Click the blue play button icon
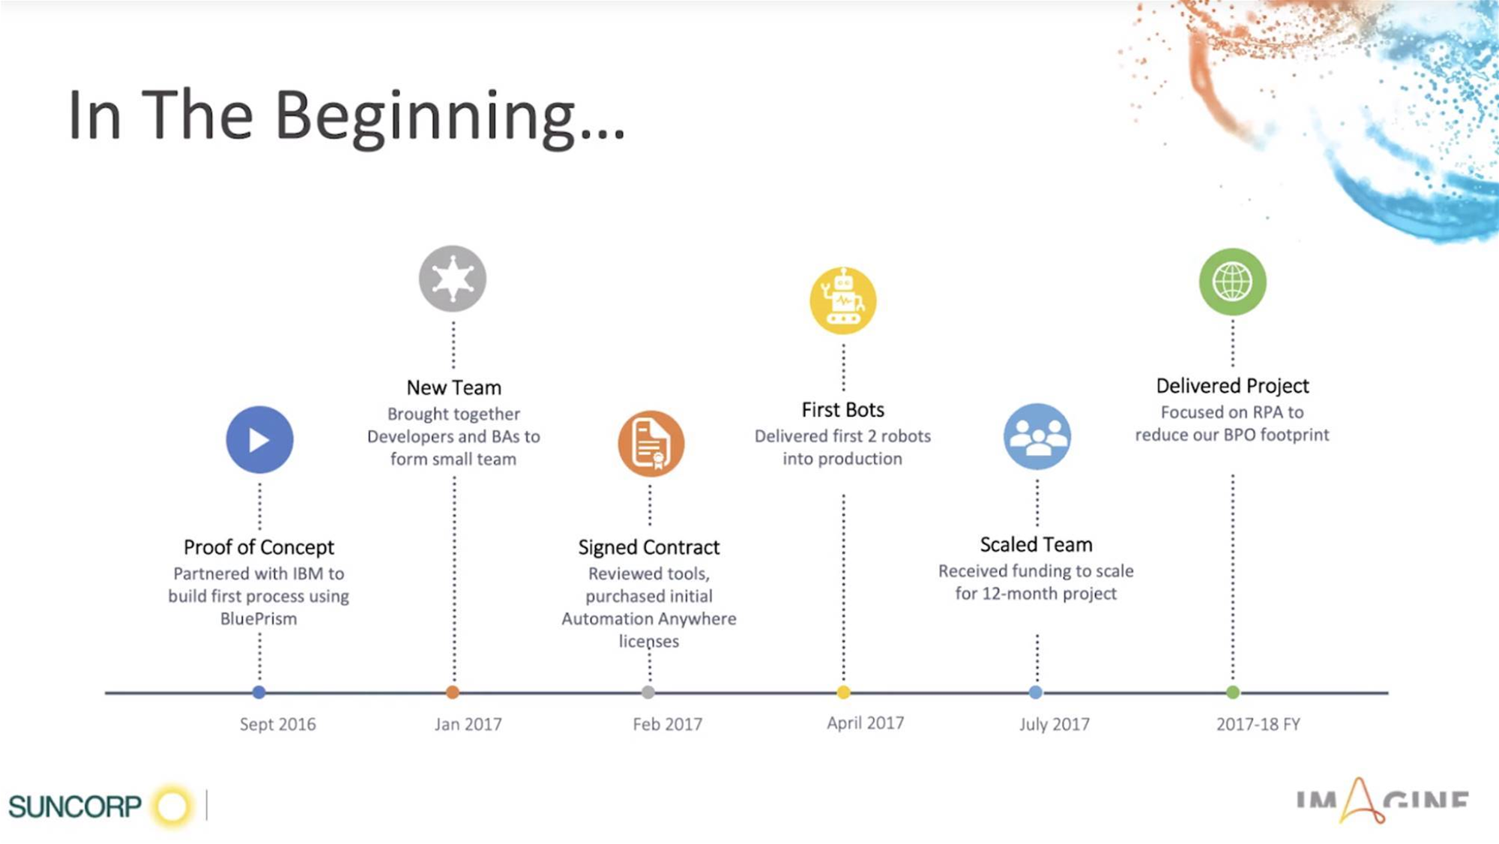(x=259, y=440)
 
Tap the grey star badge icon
(x=453, y=279)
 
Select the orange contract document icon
(x=651, y=444)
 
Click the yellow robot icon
(x=843, y=301)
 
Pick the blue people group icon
(x=1037, y=437)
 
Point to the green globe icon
(x=1233, y=282)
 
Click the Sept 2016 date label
(x=277, y=724)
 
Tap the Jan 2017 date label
(x=468, y=724)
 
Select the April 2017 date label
(x=866, y=723)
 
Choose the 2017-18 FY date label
(x=1258, y=724)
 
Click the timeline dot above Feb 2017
(x=648, y=693)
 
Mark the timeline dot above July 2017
(x=1036, y=693)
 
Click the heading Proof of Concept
(x=259, y=548)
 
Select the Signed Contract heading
(x=649, y=547)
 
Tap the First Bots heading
(x=843, y=410)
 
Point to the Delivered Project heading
(x=1233, y=386)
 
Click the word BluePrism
(x=259, y=618)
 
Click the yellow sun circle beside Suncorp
(x=172, y=807)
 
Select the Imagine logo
(x=1382, y=801)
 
